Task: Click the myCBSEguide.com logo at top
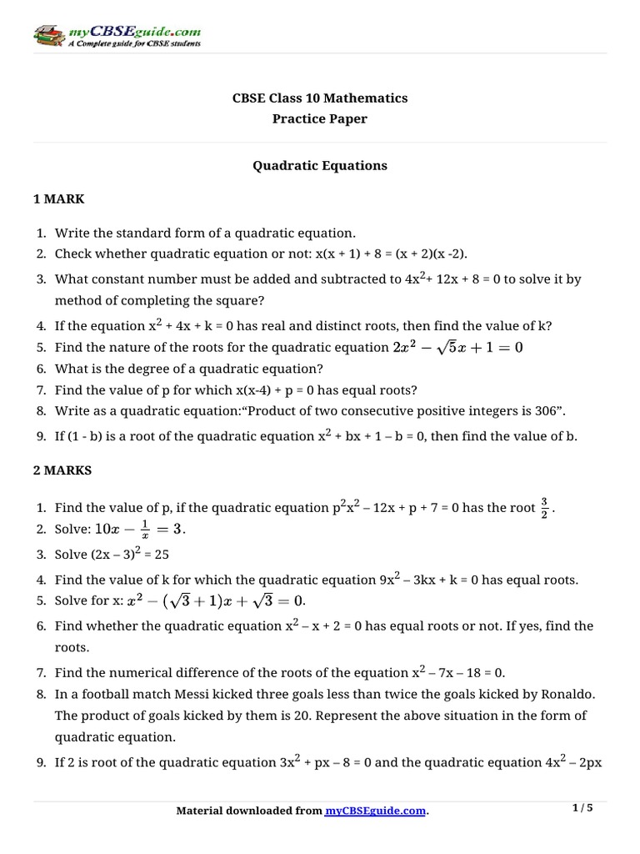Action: click(117, 36)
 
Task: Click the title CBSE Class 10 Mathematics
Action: click(320, 98)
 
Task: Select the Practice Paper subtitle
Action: click(320, 118)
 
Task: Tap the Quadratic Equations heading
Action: click(320, 166)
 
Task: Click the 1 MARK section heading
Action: click(59, 199)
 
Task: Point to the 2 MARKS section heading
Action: click(62, 470)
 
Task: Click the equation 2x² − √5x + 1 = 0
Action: click(457, 348)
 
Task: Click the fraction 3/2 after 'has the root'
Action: click(544, 506)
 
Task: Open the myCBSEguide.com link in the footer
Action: click(375, 811)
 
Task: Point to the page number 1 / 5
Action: click(582, 808)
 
